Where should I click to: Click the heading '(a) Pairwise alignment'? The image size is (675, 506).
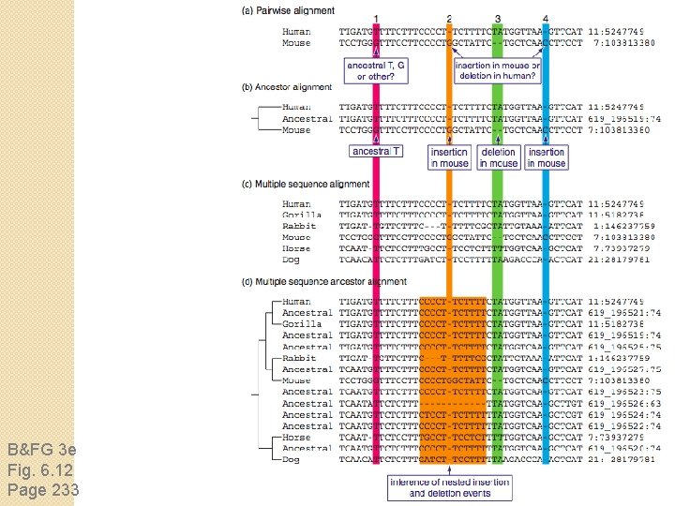288,10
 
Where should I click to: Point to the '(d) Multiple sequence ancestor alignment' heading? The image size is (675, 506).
324,281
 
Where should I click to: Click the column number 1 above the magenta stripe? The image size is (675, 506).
376,20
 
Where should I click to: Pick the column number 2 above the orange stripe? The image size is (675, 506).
450,20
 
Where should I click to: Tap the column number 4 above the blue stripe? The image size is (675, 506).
546,20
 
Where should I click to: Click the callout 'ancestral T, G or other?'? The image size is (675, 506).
376,70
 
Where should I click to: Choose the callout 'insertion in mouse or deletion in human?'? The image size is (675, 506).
497,70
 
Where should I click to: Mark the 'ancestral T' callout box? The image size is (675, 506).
376,151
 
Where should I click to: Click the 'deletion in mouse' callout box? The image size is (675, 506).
499,157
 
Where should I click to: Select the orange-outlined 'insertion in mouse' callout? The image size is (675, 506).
450,157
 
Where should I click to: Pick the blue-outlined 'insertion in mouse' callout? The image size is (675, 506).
547,157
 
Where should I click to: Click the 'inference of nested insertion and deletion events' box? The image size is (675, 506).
450,487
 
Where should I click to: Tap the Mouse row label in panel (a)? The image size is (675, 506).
296,43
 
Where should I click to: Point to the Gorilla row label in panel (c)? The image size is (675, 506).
301,216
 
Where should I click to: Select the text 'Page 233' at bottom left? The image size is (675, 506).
43,489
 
